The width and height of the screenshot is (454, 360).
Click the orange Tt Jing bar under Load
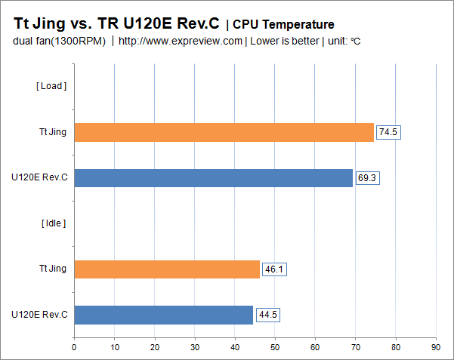coord(224,132)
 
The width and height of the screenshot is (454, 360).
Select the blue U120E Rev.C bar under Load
coord(213,178)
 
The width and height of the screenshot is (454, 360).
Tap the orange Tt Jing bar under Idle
coord(166,269)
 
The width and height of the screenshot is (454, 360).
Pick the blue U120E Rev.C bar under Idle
coord(163,315)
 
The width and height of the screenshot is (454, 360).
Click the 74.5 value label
coord(388,132)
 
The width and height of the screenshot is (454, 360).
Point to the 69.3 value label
coord(367,178)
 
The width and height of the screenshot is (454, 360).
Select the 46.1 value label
coord(274,269)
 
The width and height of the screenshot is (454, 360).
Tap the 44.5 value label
coord(267,315)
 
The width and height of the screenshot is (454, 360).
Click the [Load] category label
coord(51,86)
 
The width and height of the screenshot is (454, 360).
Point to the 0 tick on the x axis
coord(74,347)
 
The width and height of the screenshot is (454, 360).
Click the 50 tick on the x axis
coord(275,347)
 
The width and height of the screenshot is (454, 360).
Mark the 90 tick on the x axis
coord(436,347)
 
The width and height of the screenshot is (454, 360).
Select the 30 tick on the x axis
coord(195,347)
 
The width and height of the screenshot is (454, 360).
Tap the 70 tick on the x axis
coord(355,347)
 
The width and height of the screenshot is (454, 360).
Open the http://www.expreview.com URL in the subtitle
coord(181,41)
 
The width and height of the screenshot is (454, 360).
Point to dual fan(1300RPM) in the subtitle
coord(60,41)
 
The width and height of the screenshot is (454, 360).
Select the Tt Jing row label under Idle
coord(52,268)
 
